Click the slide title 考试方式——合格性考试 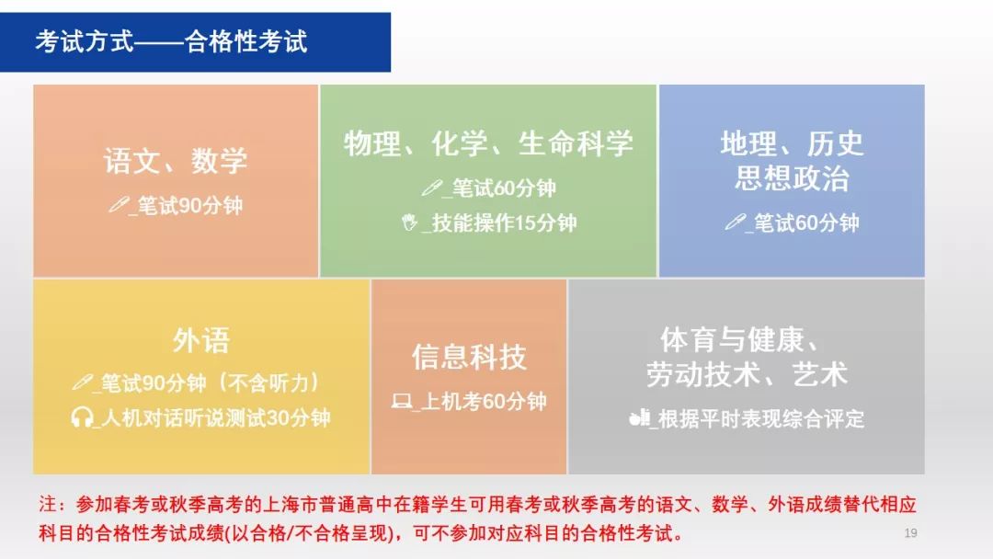click(171, 41)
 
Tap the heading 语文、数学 click(176, 161)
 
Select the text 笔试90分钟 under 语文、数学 click(190, 205)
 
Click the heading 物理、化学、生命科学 click(488, 143)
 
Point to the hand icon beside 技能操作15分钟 click(410, 222)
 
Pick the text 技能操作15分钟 click(504, 222)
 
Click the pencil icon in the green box click(431, 188)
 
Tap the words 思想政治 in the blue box click(792, 177)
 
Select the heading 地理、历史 click(792, 143)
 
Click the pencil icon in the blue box click(735, 222)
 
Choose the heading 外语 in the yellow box click(201, 340)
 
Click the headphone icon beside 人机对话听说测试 click(82, 417)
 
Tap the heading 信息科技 click(469, 357)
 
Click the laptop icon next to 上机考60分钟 click(402, 401)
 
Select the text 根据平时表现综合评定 click(761, 418)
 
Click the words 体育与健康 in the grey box click(732, 340)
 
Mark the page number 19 click(910, 533)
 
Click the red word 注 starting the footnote click(48, 504)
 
